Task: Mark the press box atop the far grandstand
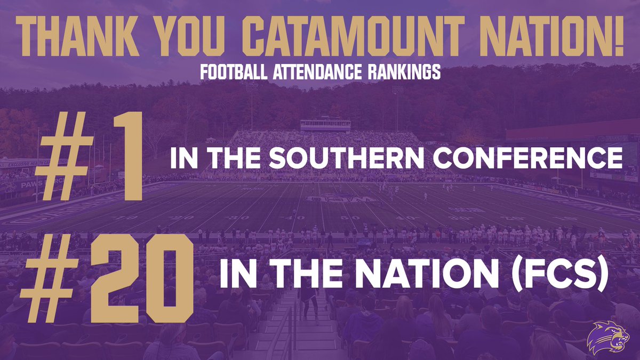(325, 125)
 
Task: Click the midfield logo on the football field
(326, 199)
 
